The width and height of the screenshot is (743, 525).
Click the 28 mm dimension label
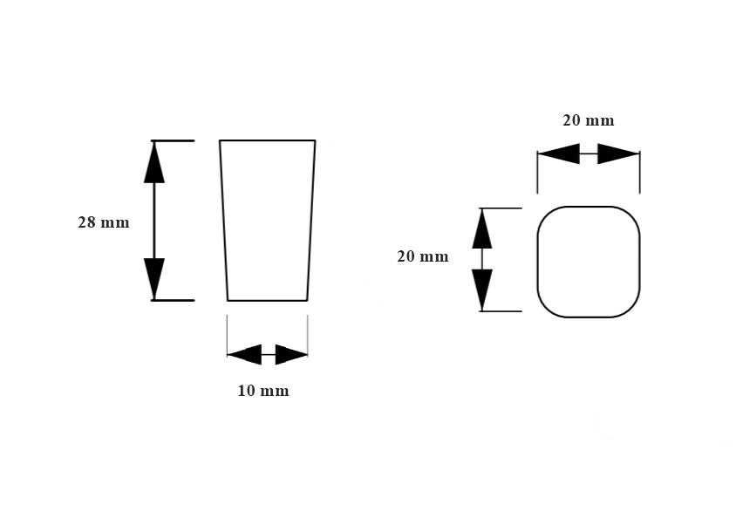(103, 222)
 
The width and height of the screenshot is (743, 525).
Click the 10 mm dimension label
(262, 391)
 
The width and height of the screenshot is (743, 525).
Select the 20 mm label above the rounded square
(588, 120)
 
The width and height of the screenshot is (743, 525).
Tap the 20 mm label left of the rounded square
(422, 256)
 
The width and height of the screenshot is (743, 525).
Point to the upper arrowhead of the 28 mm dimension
(154, 161)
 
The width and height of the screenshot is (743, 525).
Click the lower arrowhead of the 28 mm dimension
(154, 279)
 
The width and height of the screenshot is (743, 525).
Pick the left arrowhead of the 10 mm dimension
(244, 354)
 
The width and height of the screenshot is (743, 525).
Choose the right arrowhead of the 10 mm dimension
(291, 354)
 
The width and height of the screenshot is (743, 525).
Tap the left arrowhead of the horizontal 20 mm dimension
(558, 155)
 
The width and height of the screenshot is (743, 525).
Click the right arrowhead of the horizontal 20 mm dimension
(619, 155)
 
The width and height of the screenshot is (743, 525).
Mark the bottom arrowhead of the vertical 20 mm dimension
(482, 290)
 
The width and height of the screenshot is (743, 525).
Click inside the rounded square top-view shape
(588, 262)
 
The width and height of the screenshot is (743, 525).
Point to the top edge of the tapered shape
(267, 140)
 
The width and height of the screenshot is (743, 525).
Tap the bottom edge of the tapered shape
(267, 300)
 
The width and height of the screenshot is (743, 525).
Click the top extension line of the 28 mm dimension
(173, 140)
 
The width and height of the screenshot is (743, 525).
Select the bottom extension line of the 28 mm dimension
(173, 300)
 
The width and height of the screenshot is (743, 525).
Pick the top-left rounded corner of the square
(544, 215)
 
